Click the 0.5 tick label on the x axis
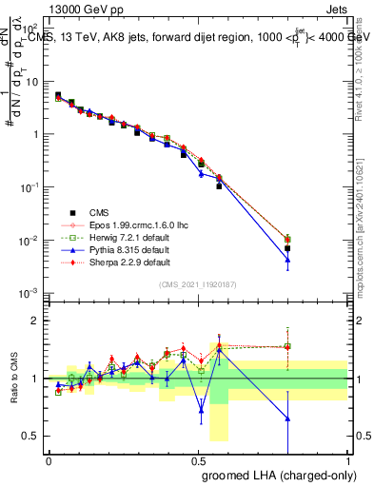(x=198, y=459)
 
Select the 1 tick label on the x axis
(x=347, y=459)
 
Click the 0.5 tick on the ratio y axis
(x=36, y=437)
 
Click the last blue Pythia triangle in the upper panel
(x=287, y=260)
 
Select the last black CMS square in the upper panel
(x=287, y=248)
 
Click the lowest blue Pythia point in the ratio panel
(x=287, y=419)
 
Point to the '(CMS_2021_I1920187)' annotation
(x=198, y=284)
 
